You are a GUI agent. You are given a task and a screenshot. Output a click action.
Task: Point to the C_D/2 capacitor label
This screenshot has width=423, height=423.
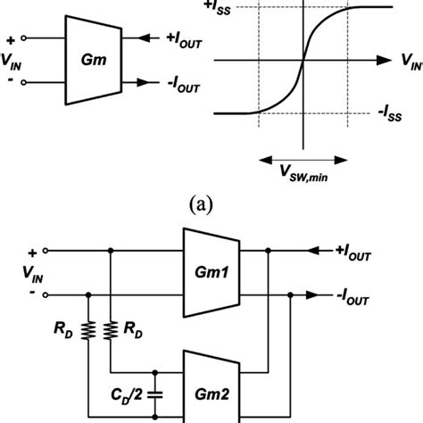[x=122, y=393]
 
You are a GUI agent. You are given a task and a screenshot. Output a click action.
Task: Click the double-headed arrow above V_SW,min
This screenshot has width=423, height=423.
[x=304, y=158]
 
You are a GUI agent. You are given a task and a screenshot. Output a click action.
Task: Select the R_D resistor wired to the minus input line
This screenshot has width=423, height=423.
[x=88, y=331]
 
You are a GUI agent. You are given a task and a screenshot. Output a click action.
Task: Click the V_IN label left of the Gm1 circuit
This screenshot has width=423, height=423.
[x=18, y=273]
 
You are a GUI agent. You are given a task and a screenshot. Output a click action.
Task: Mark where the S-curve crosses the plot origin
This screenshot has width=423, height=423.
[x=304, y=61]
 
